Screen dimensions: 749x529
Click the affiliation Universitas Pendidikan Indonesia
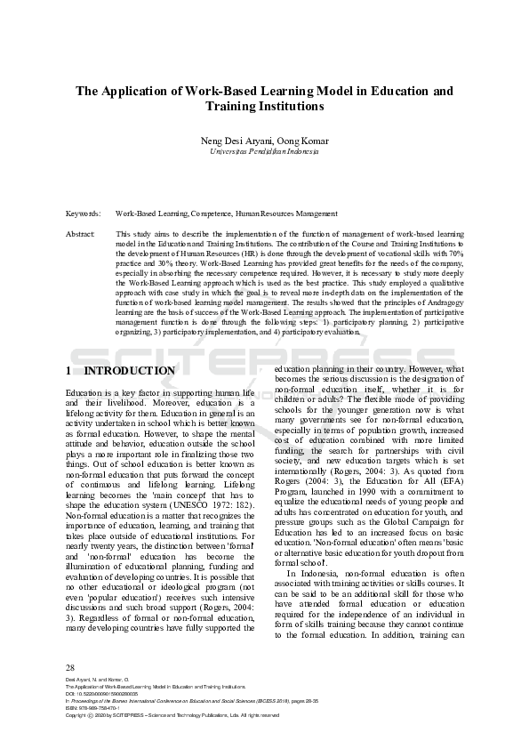(264, 152)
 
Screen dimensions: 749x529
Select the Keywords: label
(84, 213)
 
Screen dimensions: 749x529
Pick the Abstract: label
(81, 233)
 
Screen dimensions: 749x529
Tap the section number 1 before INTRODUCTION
(69, 371)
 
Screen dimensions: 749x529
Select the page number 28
(70, 666)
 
